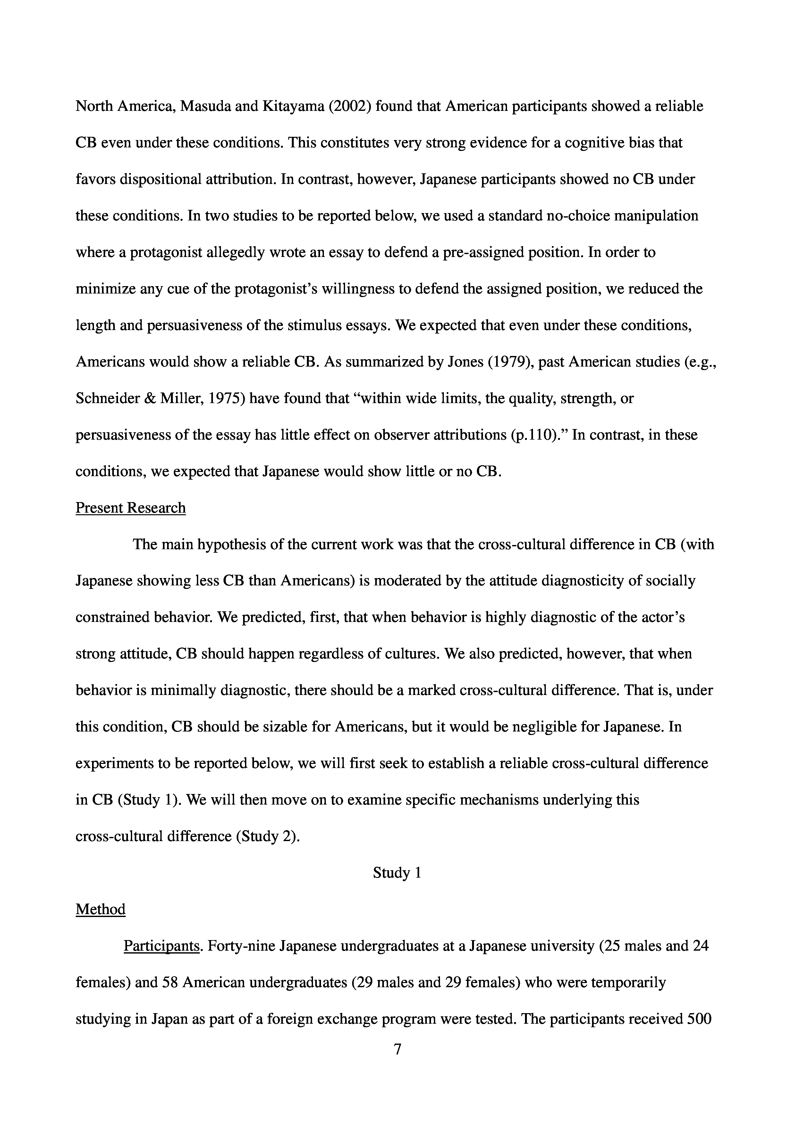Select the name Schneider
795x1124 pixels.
tap(106, 399)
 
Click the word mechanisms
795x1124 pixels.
tap(520, 800)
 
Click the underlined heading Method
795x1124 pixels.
tap(100, 909)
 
